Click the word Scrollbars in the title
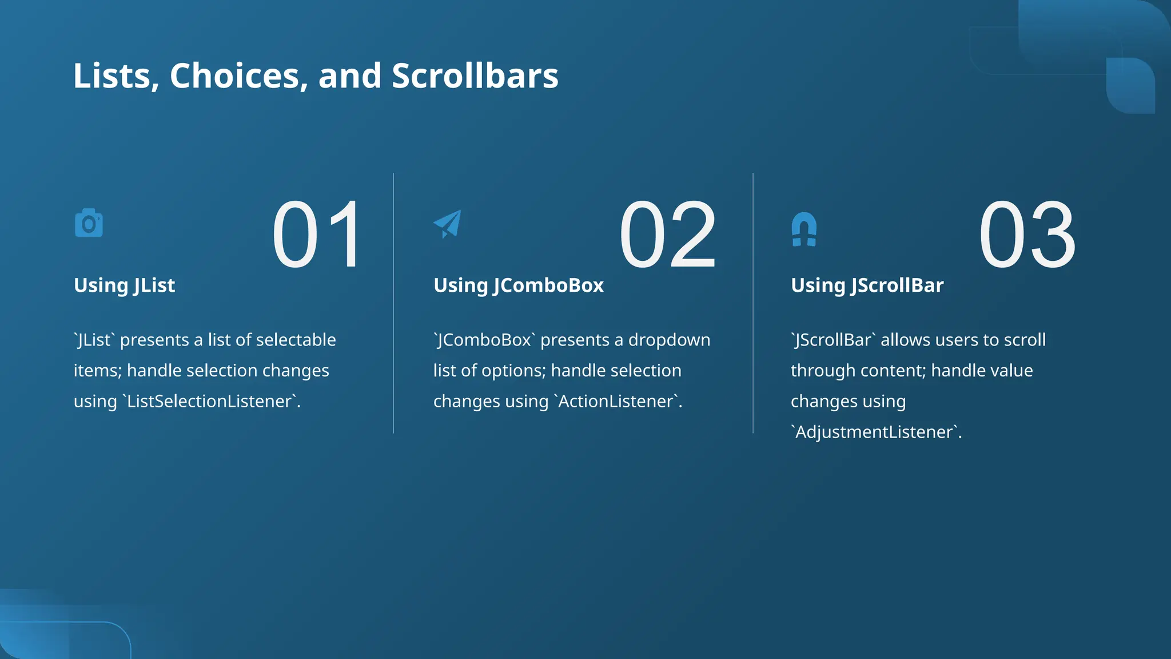coord(475,76)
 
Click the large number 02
coord(667,235)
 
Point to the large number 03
coord(1027,235)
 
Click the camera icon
coord(89,223)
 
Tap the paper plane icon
coord(448,224)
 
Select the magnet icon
coord(804,229)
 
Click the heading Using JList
coord(124,285)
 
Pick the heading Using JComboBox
coord(518,285)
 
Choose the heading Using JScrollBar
coord(867,285)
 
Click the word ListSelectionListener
coord(209,401)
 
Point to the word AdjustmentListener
coord(874,432)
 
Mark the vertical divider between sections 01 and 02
coord(393,303)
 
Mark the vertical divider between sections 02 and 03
coord(753,303)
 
